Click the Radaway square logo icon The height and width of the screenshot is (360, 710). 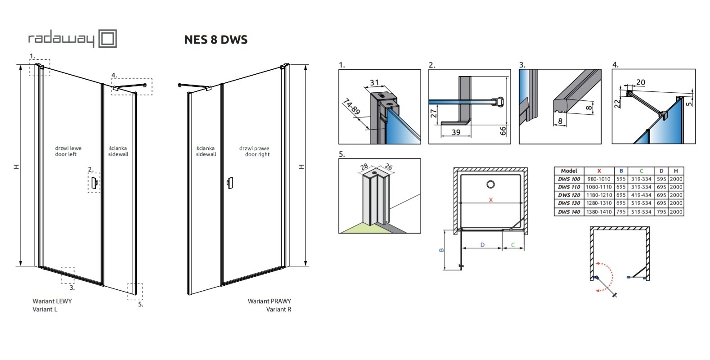pyautogui.click(x=108, y=39)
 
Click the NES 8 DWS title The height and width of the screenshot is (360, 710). pyautogui.click(x=216, y=40)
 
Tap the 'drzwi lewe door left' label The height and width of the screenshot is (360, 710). pyautogui.click(x=68, y=151)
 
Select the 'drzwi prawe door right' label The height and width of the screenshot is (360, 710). pyautogui.click(x=254, y=151)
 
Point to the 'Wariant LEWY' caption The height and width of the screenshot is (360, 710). pyautogui.click(x=52, y=301)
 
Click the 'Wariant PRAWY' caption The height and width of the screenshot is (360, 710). pyautogui.click(x=269, y=301)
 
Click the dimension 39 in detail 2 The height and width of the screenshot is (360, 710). pyautogui.click(x=455, y=132)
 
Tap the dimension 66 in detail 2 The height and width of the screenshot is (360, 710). pyautogui.click(x=503, y=131)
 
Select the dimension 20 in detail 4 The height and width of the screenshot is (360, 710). pyautogui.click(x=640, y=82)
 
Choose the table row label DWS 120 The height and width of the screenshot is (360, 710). pyautogui.click(x=569, y=195)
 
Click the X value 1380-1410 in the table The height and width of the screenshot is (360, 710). pyautogui.click(x=599, y=212)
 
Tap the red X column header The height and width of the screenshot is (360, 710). pyautogui.click(x=599, y=171)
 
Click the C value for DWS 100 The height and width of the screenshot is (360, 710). pyautogui.click(x=641, y=179)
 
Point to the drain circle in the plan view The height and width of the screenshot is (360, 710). pyautogui.click(x=490, y=184)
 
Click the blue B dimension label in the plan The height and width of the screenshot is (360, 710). pyautogui.click(x=442, y=250)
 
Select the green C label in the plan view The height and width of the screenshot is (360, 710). pyautogui.click(x=512, y=245)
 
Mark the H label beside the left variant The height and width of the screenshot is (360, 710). pyautogui.click(x=17, y=166)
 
